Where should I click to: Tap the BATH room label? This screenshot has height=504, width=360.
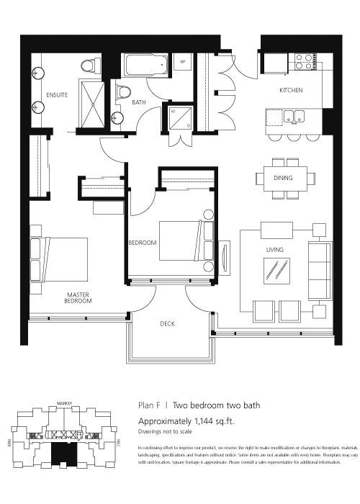139,102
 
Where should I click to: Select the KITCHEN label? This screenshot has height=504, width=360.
291,91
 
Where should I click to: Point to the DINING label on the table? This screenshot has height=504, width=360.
283,176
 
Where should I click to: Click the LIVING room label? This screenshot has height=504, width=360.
274,250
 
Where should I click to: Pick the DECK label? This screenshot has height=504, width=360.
167,323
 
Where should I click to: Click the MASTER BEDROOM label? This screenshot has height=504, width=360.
78,297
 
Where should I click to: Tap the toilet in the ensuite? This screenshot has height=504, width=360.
88,66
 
